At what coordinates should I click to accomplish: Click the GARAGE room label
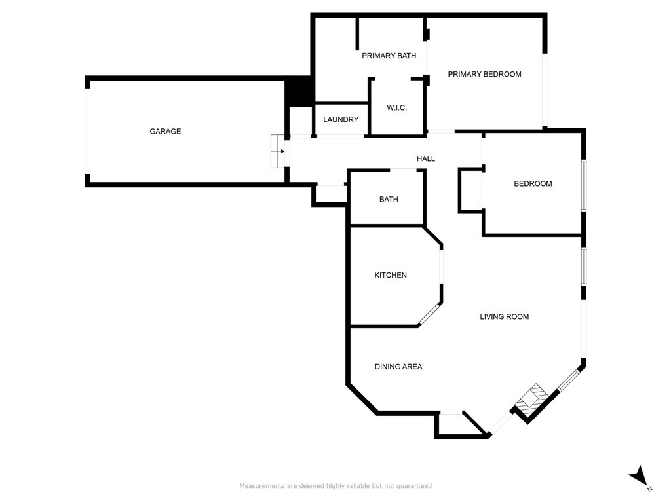click(x=165, y=131)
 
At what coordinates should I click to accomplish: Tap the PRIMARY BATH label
click(x=389, y=56)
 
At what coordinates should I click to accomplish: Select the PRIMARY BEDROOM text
click(x=484, y=74)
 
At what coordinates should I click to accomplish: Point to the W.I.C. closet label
click(x=396, y=108)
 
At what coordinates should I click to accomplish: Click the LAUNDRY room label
click(x=341, y=119)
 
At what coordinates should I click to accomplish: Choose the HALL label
click(x=426, y=158)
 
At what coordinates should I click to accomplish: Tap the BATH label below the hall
click(x=389, y=199)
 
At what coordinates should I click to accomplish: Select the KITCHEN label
click(x=391, y=275)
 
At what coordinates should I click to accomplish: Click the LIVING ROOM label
click(x=504, y=316)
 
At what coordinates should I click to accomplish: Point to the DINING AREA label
click(x=398, y=367)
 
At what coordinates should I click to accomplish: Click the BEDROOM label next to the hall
click(x=533, y=183)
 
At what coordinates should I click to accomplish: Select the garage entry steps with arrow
click(x=277, y=151)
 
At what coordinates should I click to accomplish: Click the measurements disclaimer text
click(x=335, y=486)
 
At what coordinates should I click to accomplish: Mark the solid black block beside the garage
click(x=299, y=91)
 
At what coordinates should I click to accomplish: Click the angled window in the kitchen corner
click(x=429, y=314)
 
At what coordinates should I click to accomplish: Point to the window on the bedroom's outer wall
click(x=583, y=185)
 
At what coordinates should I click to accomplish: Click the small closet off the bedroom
click(x=470, y=190)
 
